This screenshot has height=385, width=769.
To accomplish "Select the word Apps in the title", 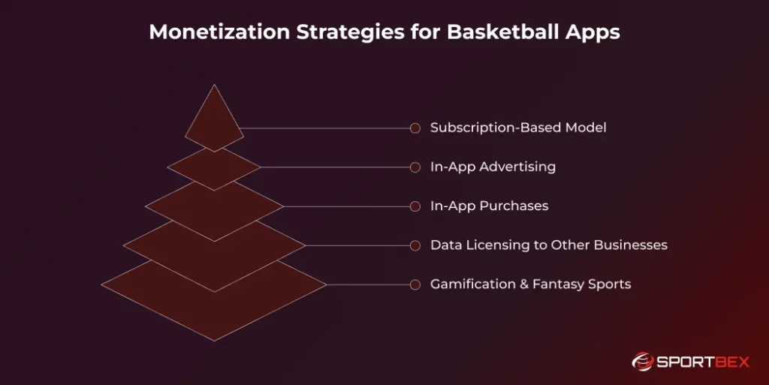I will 593,33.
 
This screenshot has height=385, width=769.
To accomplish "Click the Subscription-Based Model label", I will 518,128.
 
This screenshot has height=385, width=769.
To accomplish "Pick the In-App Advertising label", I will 493,167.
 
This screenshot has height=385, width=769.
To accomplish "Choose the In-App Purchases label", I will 489,206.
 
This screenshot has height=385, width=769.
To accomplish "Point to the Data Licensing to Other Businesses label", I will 548,245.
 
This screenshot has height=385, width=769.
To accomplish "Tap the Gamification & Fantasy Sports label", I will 530,284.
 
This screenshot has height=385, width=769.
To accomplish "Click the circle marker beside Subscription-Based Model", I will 415,128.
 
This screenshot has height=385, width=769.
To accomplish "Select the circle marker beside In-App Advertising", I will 415,167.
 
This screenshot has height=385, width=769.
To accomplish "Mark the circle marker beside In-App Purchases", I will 415,206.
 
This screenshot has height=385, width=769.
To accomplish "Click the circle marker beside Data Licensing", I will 415,245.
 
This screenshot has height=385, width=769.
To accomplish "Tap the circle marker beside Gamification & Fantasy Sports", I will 415,284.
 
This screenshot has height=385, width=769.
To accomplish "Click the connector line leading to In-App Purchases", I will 345,206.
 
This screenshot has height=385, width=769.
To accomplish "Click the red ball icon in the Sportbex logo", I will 642,362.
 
